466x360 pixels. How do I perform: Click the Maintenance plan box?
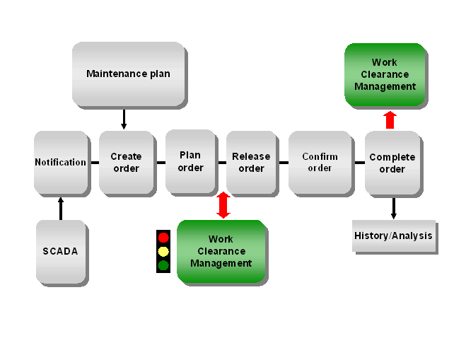pyautogui.click(x=128, y=74)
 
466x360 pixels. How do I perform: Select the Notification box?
pyautogui.click(x=61, y=162)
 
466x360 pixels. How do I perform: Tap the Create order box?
pyautogui.click(x=126, y=162)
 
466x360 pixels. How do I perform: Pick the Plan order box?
pyautogui.click(x=190, y=161)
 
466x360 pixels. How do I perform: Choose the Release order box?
pyautogui.click(x=251, y=162)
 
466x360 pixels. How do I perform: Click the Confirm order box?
pyautogui.click(x=320, y=162)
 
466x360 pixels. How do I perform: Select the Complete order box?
pyautogui.click(x=392, y=163)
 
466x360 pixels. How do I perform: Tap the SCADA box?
pyautogui.click(x=61, y=251)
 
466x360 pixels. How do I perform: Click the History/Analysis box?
pyautogui.click(x=393, y=236)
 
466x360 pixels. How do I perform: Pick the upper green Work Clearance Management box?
pyautogui.click(x=385, y=74)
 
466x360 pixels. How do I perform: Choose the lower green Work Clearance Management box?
pyautogui.click(x=221, y=251)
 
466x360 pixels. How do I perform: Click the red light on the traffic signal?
pyautogui.click(x=163, y=238)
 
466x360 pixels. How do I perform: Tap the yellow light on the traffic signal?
pyautogui.click(x=163, y=251)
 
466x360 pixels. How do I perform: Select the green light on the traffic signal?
pyautogui.click(x=163, y=265)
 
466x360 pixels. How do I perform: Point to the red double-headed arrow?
pyautogui.click(x=223, y=205)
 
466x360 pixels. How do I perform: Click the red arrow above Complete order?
pyautogui.click(x=390, y=120)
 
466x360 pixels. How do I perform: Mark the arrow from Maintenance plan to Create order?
pyautogui.click(x=124, y=118)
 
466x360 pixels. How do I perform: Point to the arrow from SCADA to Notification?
pyautogui.click(x=61, y=208)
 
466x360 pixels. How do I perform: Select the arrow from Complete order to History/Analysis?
pyautogui.click(x=393, y=208)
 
